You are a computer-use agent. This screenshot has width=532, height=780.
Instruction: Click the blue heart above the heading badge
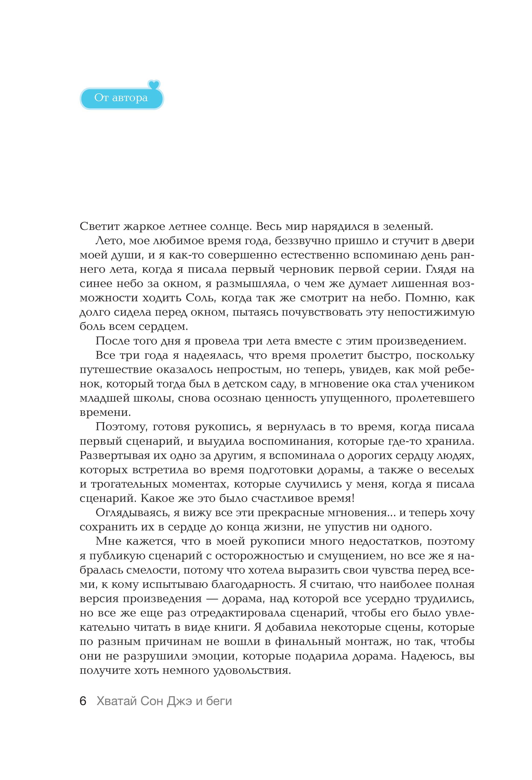154,85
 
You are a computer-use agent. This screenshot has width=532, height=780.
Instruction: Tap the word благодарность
253,584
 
